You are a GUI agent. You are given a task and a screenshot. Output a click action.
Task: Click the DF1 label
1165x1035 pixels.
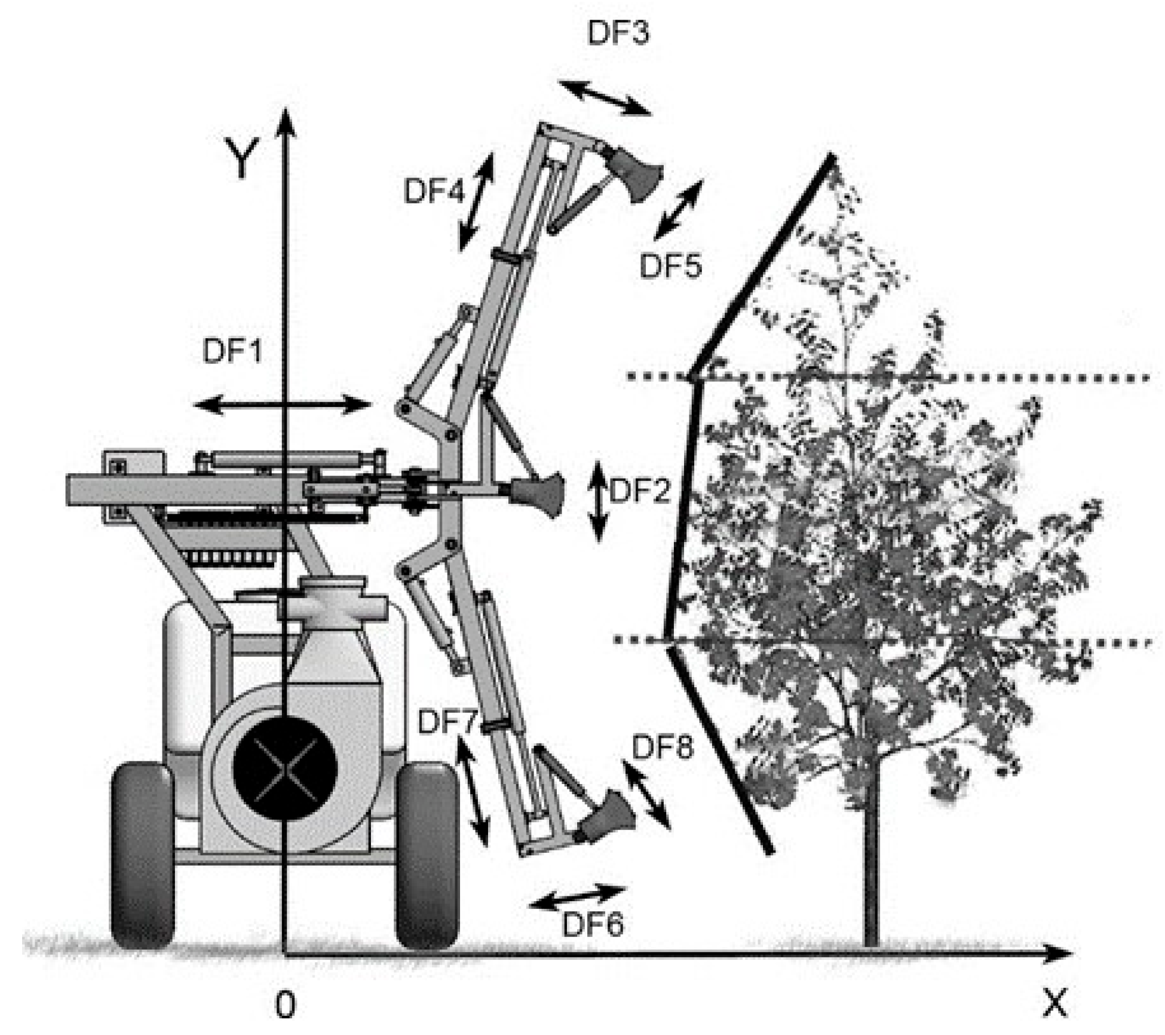232,350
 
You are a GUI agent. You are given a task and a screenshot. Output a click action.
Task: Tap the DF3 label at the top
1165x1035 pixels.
618,32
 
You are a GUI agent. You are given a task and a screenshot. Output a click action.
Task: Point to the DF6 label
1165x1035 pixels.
593,924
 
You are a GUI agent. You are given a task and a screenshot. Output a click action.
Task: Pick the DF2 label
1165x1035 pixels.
640,491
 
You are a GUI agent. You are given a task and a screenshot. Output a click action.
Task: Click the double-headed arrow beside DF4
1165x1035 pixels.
476,202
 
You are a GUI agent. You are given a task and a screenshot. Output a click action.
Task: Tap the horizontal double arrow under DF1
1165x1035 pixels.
282,405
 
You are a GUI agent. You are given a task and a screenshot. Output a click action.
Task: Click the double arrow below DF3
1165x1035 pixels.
605,97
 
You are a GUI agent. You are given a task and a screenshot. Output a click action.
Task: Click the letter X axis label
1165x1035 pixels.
1054,1002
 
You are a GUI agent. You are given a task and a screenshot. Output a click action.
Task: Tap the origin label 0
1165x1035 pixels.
285,1005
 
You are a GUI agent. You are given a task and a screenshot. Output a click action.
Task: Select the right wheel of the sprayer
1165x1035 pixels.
427,855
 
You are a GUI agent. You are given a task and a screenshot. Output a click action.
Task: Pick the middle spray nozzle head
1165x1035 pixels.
541,494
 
